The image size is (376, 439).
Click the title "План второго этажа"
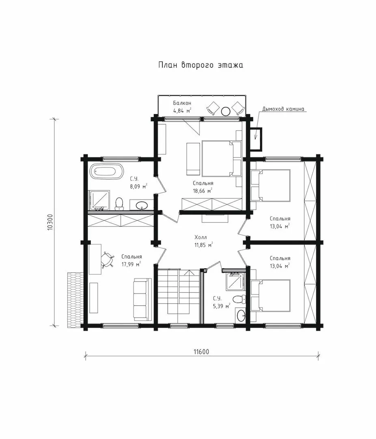click(201, 65)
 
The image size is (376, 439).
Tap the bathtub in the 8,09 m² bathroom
click(107, 172)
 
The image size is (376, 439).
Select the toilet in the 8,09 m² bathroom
click(120, 204)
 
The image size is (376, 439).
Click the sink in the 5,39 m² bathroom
click(241, 316)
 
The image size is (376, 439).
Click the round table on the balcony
click(226, 111)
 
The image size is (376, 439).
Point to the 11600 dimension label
click(201, 352)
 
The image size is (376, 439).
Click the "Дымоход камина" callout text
click(283, 109)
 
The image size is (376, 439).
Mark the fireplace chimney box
click(256, 140)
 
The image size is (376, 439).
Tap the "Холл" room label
click(201, 238)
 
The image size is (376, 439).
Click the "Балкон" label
click(182, 103)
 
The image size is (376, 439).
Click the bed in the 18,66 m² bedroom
click(218, 159)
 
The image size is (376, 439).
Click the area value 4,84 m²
click(182, 110)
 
